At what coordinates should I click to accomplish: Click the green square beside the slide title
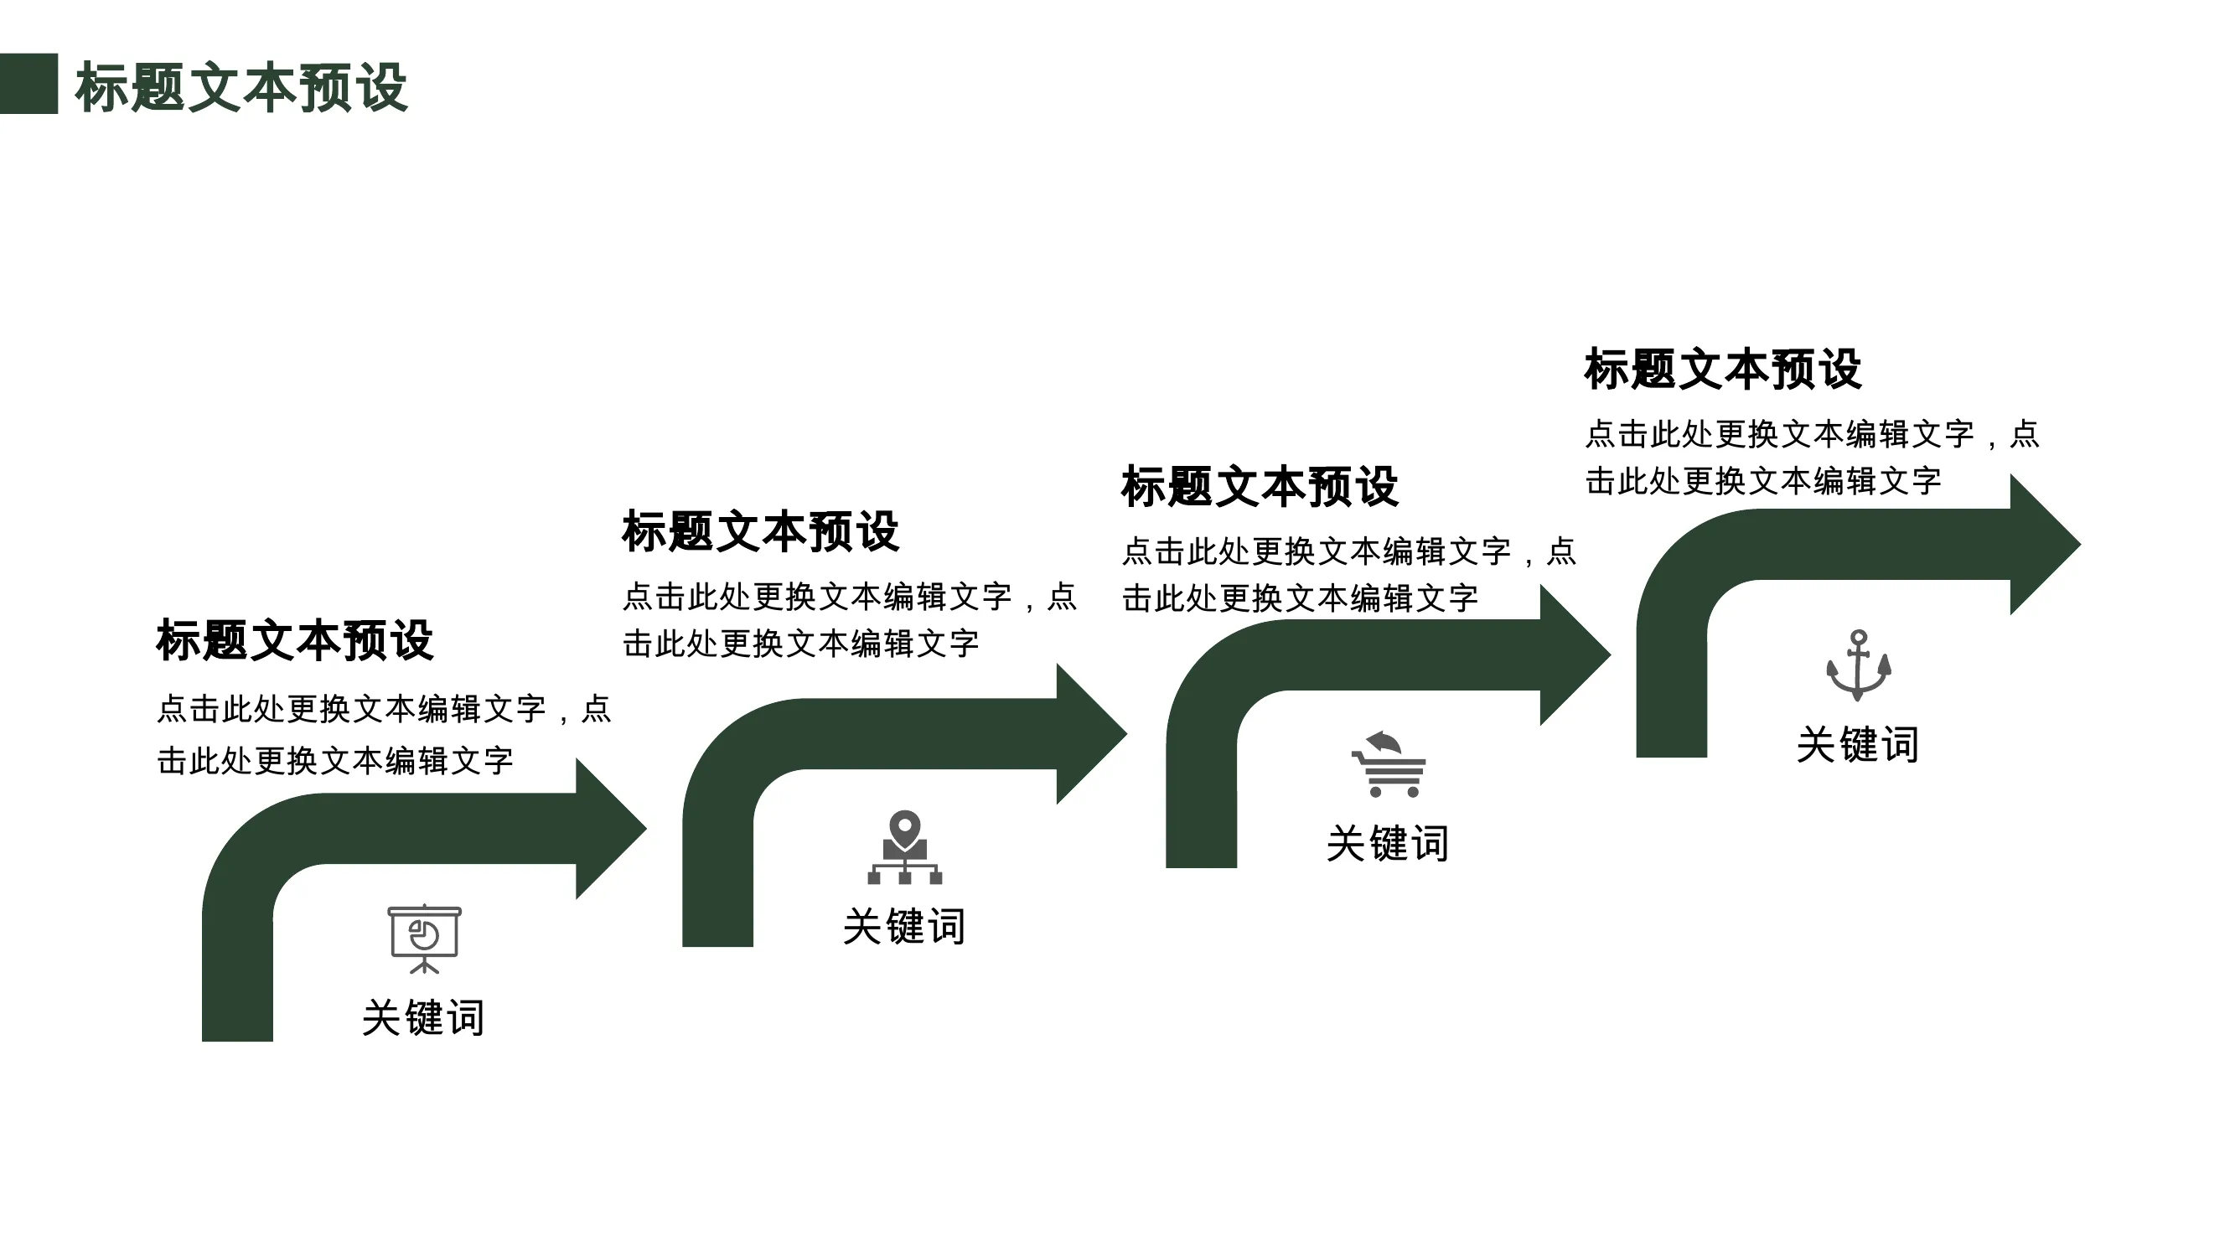click(x=28, y=84)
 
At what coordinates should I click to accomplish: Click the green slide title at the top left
click(x=241, y=88)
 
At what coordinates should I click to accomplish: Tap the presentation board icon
click(x=424, y=939)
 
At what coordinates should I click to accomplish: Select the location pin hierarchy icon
click(x=905, y=847)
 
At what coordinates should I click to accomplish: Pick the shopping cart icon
click(x=1389, y=764)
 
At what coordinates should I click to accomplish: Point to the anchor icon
click(x=1859, y=665)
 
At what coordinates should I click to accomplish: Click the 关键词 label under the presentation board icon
click(x=423, y=1017)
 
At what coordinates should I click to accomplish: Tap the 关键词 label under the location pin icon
click(x=904, y=927)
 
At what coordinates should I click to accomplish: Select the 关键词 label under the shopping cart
click(x=1387, y=843)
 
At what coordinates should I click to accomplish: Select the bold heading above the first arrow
click(x=295, y=641)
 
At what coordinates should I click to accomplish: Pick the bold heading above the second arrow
click(x=761, y=532)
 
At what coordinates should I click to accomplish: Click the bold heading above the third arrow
click(x=1260, y=487)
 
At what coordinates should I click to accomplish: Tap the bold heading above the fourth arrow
click(x=1723, y=370)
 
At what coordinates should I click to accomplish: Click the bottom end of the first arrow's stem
click(x=238, y=1040)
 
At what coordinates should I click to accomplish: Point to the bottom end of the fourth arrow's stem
click(x=1672, y=756)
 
